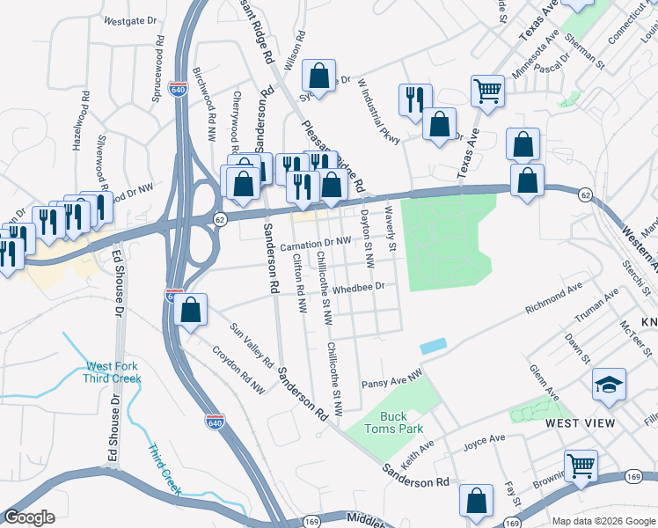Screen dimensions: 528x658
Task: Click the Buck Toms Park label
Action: pyautogui.click(x=401, y=422)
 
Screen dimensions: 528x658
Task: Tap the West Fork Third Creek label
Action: pyautogui.click(x=112, y=372)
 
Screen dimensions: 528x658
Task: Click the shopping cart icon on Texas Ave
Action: pyautogui.click(x=486, y=91)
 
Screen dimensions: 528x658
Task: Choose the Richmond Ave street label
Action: pyautogui.click(x=553, y=299)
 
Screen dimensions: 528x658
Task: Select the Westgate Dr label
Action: pyautogui.click(x=129, y=18)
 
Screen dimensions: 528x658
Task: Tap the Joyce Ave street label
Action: pyautogui.click(x=484, y=440)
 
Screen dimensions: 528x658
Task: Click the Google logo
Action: pyautogui.click(x=29, y=517)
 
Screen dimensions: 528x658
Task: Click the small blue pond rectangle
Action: pyautogui.click(x=433, y=347)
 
